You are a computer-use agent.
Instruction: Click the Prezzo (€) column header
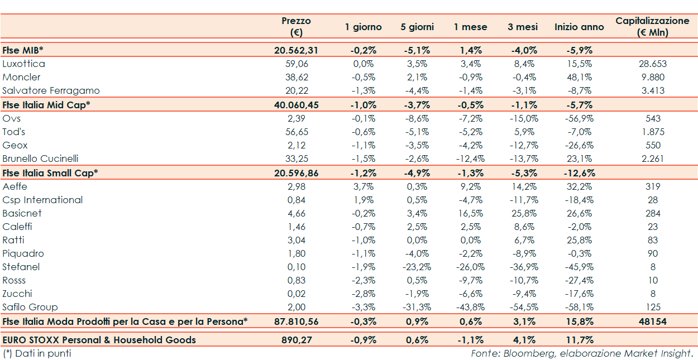[x=296, y=27]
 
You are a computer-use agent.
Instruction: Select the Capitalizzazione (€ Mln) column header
[x=652, y=27]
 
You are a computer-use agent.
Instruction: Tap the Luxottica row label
[x=24, y=64]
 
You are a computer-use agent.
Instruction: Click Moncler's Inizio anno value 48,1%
[x=579, y=77]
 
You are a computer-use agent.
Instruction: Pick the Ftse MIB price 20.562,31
[x=296, y=50]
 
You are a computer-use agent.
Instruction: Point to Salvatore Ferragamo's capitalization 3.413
[x=652, y=90]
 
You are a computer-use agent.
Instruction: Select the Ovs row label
[x=12, y=118]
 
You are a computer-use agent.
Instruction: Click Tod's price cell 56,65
[x=296, y=132]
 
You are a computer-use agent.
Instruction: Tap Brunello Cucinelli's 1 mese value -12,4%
[x=470, y=159]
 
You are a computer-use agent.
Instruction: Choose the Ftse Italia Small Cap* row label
[x=50, y=173]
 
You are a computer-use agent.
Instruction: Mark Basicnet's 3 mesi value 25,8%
[x=523, y=213]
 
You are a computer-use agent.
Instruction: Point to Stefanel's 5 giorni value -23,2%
[x=417, y=267]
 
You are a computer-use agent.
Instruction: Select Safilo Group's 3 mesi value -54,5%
[x=523, y=307]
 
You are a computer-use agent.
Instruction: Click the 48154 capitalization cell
[x=652, y=321]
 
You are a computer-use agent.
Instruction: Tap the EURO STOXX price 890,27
[x=296, y=339]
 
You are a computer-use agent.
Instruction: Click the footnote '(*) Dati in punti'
[x=37, y=353]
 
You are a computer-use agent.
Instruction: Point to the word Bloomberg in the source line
[x=520, y=353]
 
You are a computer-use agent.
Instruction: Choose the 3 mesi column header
[x=523, y=27]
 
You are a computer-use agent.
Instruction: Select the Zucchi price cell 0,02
[x=296, y=294]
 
